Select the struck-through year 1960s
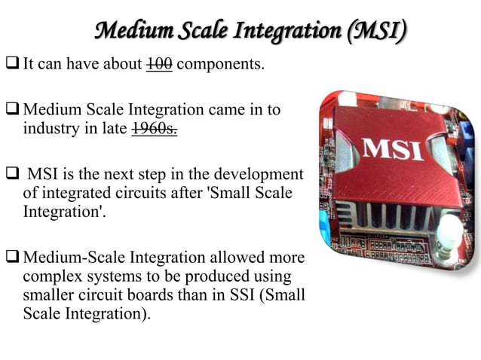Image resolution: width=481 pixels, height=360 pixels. click(155, 129)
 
